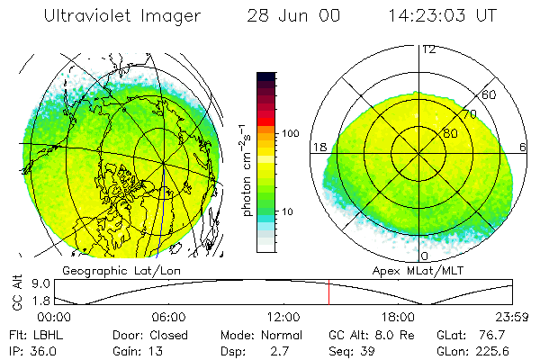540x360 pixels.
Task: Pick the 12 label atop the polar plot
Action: coord(428,49)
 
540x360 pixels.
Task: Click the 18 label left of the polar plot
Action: coord(318,147)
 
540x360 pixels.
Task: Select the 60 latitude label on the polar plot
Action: coord(490,94)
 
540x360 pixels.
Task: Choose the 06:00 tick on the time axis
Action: coord(168,317)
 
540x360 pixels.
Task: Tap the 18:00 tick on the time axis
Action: coord(398,317)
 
